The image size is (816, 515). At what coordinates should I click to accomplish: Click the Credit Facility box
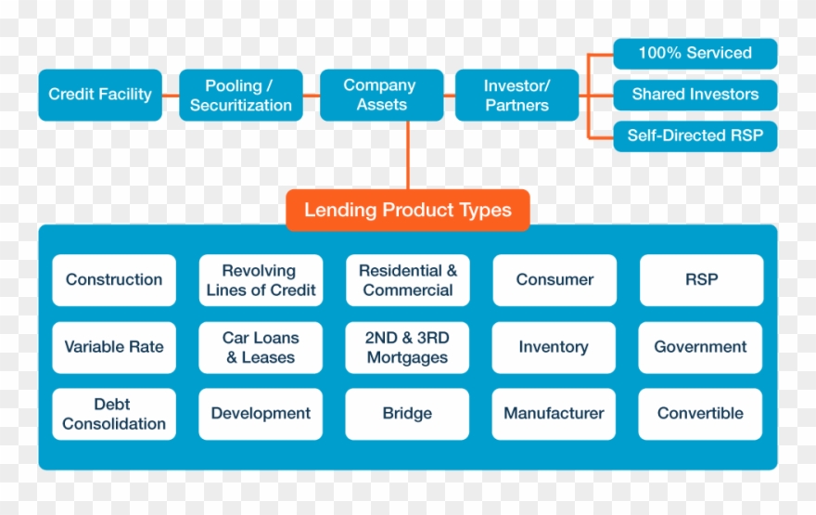coord(100,95)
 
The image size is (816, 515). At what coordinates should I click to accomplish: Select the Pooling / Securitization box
coord(241,95)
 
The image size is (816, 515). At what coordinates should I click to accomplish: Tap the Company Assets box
coord(381,95)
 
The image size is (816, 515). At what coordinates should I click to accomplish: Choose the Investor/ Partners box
coord(516,95)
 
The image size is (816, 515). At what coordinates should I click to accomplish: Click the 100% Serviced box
coord(695,53)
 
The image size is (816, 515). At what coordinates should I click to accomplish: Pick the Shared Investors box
coord(695,94)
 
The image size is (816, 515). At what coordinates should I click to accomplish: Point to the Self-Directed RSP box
coord(695,135)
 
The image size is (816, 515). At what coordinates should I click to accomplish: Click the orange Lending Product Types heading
coord(407,210)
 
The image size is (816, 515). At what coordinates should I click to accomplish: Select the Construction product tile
coord(114,280)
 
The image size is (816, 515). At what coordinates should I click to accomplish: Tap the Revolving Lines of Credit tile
coord(261,280)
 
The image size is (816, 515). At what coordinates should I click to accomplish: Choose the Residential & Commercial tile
coord(408,280)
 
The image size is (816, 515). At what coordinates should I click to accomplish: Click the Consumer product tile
coord(555,280)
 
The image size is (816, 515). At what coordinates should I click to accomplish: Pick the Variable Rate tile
coord(114,347)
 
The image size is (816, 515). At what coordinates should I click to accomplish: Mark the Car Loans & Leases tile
coord(261,347)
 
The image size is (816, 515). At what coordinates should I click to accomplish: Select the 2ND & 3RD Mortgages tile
coord(408,347)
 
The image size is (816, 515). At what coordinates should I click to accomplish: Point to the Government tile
coord(700,347)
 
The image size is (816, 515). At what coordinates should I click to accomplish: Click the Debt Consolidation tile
coord(114,414)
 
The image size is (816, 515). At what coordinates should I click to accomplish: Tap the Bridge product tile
coord(408,414)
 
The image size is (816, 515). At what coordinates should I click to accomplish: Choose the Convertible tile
coord(700,414)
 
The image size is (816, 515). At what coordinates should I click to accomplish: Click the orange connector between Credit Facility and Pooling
coord(171,95)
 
